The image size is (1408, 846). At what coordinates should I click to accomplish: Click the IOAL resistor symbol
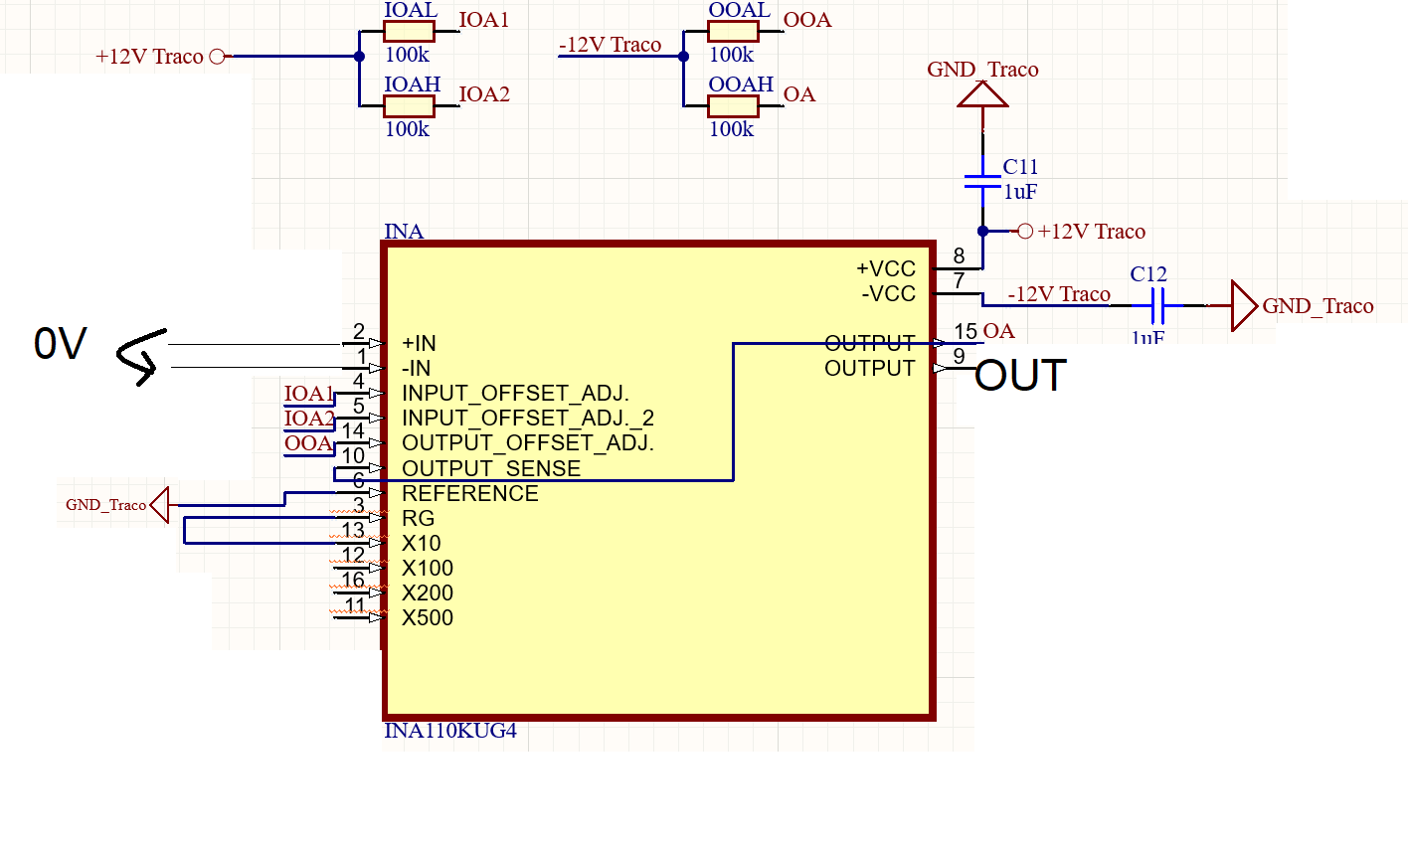(x=409, y=32)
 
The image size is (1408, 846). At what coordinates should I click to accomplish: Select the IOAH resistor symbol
(x=409, y=105)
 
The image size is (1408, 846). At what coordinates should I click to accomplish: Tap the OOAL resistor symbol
(x=733, y=32)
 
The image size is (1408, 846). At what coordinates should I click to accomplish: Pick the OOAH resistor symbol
(x=733, y=105)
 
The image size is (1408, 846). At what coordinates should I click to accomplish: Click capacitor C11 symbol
(x=982, y=181)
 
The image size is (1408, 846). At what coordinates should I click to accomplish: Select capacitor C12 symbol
(x=1156, y=305)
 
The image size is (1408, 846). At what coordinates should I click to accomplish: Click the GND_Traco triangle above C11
(x=982, y=94)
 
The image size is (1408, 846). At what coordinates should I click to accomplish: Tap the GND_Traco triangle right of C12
(x=1243, y=305)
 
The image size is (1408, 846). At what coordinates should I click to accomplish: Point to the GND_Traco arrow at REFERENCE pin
(x=160, y=504)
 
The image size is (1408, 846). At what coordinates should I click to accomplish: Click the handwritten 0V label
(x=60, y=345)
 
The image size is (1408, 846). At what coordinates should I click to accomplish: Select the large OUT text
(x=1020, y=377)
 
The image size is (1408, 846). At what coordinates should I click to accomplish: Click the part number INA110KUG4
(x=450, y=732)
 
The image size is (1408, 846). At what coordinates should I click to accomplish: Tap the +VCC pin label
(x=885, y=269)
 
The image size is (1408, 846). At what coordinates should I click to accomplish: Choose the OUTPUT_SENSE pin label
(x=491, y=468)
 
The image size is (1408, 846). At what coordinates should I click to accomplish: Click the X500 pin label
(x=428, y=617)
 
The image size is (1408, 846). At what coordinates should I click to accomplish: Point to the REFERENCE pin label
(x=469, y=493)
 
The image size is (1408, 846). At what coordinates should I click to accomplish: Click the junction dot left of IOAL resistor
(x=360, y=57)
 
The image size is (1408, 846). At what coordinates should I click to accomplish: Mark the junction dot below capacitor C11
(x=982, y=231)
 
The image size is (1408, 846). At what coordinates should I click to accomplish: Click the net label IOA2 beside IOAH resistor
(x=484, y=94)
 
